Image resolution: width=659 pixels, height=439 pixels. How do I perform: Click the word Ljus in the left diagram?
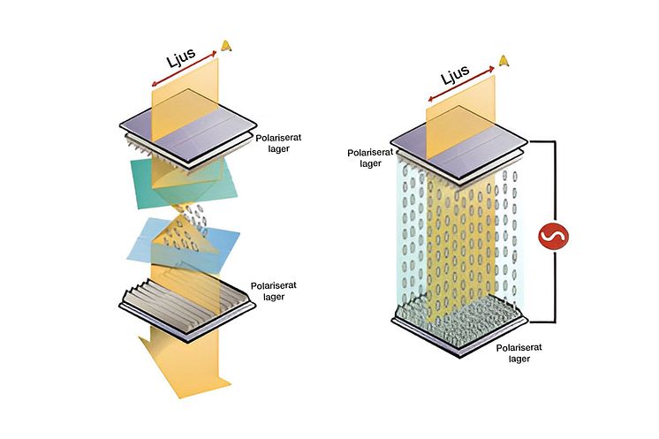pyautogui.click(x=182, y=57)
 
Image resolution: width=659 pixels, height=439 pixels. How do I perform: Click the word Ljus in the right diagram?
pyautogui.click(x=456, y=75)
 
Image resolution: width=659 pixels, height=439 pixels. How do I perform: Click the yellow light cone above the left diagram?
pyautogui.click(x=226, y=45)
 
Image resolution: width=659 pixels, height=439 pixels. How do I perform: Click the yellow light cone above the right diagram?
pyautogui.click(x=504, y=61)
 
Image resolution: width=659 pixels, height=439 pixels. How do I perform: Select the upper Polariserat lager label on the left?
pyautogui.click(x=278, y=143)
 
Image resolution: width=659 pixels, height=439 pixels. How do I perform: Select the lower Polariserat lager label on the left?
pyautogui.click(x=274, y=291)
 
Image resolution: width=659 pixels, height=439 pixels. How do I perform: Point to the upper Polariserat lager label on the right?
pyautogui.click(x=370, y=158)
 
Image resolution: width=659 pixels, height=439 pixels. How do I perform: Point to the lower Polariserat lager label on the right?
pyautogui.click(x=519, y=353)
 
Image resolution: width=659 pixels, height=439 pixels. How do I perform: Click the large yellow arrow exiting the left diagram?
pyautogui.click(x=185, y=361)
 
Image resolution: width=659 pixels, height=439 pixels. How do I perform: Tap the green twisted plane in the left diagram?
pyautogui.click(x=185, y=183)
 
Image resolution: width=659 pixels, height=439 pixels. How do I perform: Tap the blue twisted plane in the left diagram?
pyautogui.click(x=183, y=244)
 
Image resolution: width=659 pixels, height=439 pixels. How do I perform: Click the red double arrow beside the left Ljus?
pyautogui.click(x=185, y=69)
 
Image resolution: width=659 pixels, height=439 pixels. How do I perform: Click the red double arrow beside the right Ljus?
pyautogui.click(x=461, y=84)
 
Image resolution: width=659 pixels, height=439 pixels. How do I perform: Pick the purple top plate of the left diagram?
pyautogui.click(x=188, y=126)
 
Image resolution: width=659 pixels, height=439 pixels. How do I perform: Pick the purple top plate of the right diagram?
pyautogui.click(x=459, y=144)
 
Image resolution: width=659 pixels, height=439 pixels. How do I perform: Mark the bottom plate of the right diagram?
pyautogui.click(x=459, y=326)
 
